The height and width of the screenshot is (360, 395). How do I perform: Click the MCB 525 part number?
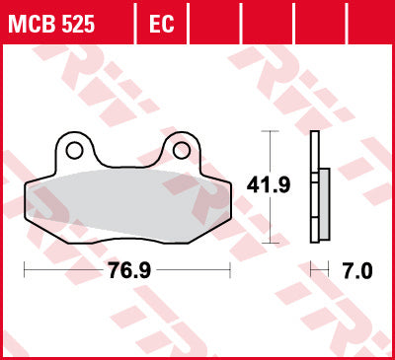tap(51, 24)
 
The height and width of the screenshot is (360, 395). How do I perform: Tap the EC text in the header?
tap(161, 24)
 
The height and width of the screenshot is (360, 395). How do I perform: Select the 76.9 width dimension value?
tap(129, 270)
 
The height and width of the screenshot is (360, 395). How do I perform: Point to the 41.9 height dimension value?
tap(269, 185)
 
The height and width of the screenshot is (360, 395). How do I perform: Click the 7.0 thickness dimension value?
tap(357, 271)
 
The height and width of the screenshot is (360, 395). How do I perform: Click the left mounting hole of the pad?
tap(74, 151)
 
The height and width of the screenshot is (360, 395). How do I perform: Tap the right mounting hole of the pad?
tap(181, 151)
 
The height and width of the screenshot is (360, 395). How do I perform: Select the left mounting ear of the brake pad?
tap(74, 150)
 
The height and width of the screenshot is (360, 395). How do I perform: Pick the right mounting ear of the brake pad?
tap(181, 150)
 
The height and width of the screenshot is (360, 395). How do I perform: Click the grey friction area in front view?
tap(128, 206)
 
